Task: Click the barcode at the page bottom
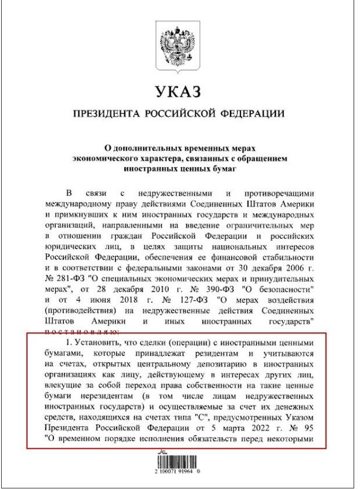(x=179, y=463)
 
